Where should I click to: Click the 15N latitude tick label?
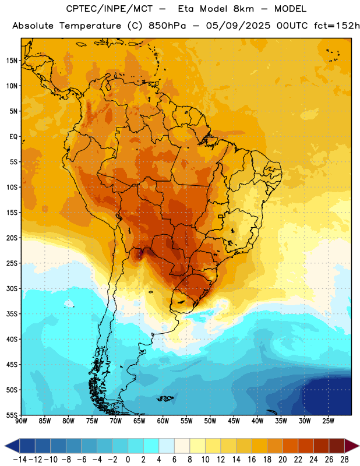12,61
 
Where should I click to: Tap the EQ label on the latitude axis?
13,137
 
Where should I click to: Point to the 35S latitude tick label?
12,314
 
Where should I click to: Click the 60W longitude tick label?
163,421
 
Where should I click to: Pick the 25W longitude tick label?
328,421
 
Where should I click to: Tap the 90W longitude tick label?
21,421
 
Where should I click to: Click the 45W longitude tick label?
234,421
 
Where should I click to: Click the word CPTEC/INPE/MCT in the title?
110,9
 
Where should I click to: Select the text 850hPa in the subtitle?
167,26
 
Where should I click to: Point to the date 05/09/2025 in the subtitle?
238,26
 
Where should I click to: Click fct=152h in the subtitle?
337,26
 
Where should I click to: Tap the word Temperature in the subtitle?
90,26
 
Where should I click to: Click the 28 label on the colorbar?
344,460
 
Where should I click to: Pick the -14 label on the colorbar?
20,460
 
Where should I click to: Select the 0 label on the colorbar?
128,460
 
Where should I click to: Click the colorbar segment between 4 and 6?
167,446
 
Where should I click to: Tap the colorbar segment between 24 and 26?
321,446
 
